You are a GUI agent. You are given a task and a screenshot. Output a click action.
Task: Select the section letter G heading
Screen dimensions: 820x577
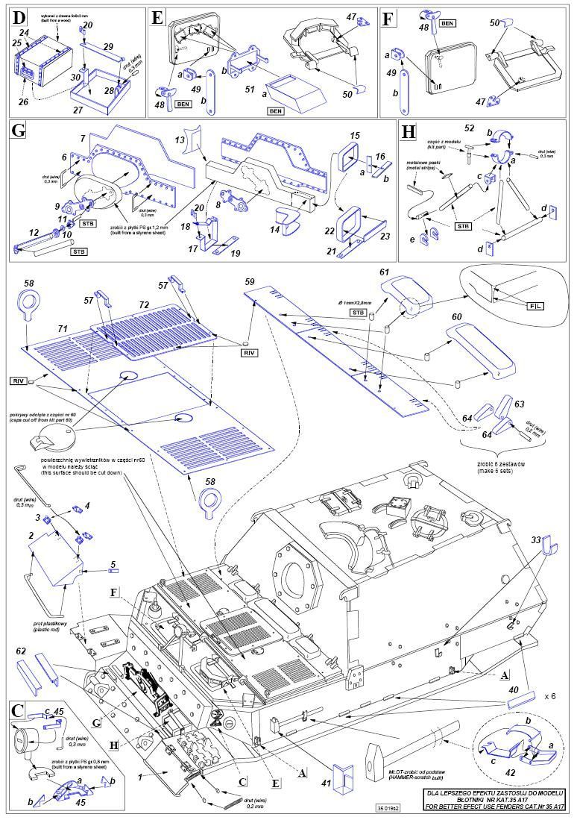tap(19, 130)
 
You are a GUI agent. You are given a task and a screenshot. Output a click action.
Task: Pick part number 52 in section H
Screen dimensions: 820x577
tap(490, 128)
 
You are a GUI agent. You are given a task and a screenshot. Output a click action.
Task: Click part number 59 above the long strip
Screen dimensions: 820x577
tap(250, 281)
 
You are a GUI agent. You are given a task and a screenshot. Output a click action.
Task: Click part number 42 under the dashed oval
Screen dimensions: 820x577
tap(511, 773)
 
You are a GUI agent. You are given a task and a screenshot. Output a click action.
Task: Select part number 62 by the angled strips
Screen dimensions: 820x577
tap(21, 651)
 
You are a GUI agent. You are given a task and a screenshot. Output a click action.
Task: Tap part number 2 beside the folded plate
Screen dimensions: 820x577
tap(32, 535)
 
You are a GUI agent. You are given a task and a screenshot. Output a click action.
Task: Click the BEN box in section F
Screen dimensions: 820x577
tap(447, 23)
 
